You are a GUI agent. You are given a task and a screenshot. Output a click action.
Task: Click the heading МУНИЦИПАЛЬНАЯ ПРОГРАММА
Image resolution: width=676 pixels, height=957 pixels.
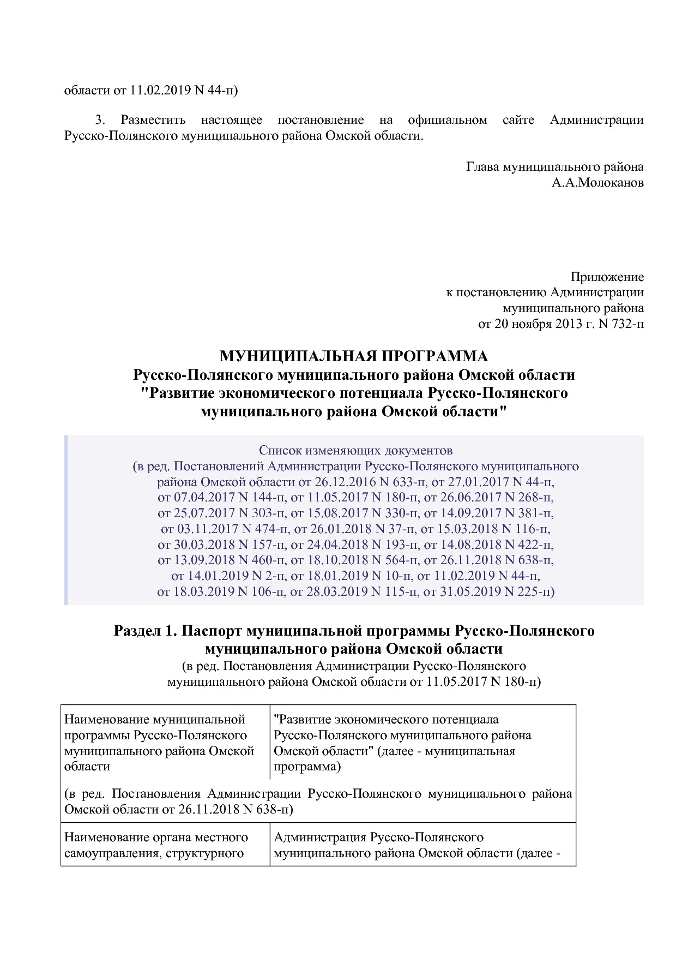pos(354,356)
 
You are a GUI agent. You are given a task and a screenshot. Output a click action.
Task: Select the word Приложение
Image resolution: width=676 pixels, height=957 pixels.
pos(607,277)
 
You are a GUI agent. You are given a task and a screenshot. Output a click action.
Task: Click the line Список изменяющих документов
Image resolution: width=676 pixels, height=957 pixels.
pos(355,451)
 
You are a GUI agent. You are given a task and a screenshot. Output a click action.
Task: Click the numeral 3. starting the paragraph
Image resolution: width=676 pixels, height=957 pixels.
pos(100,120)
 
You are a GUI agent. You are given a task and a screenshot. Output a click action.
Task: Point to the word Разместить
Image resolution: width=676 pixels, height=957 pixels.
pos(153,120)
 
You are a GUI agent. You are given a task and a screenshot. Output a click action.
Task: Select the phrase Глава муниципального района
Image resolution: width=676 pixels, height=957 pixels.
pos(554,167)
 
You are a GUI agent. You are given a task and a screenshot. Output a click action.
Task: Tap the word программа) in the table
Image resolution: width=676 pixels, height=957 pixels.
pos(307,767)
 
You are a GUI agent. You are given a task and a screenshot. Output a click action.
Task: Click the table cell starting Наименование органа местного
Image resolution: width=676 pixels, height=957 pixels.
pos(156,844)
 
